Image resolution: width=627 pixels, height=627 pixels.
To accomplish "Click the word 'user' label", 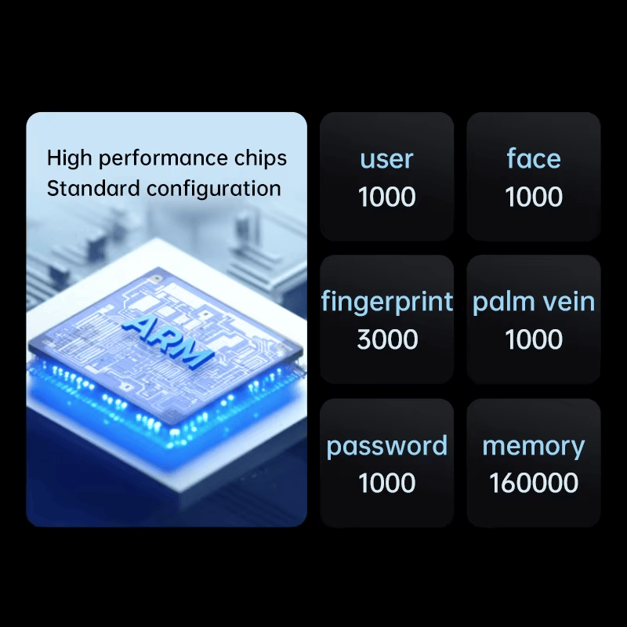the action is [386, 159].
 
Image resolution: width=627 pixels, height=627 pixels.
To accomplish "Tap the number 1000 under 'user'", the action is [386, 197].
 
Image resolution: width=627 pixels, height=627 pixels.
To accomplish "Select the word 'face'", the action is [534, 158].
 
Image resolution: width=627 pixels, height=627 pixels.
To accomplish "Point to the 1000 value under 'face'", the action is [534, 197].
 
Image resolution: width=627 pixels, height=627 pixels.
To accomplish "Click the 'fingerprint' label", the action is [386, 302].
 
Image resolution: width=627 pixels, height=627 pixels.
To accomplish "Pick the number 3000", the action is [387, 339].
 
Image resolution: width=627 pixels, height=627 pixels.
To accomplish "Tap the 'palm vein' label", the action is [534, 303].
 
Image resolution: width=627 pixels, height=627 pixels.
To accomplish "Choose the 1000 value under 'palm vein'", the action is [534, 339].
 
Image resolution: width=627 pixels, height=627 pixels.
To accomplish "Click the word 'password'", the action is [386, 446].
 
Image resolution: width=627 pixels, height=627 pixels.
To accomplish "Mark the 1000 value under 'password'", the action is [386, 483].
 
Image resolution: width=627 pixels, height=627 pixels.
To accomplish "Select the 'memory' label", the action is [534, 447].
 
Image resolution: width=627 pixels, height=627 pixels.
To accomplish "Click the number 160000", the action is [534, 483].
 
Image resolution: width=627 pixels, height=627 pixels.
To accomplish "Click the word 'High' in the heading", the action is [70, 158].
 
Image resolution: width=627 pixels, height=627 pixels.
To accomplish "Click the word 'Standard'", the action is [93, 188].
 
